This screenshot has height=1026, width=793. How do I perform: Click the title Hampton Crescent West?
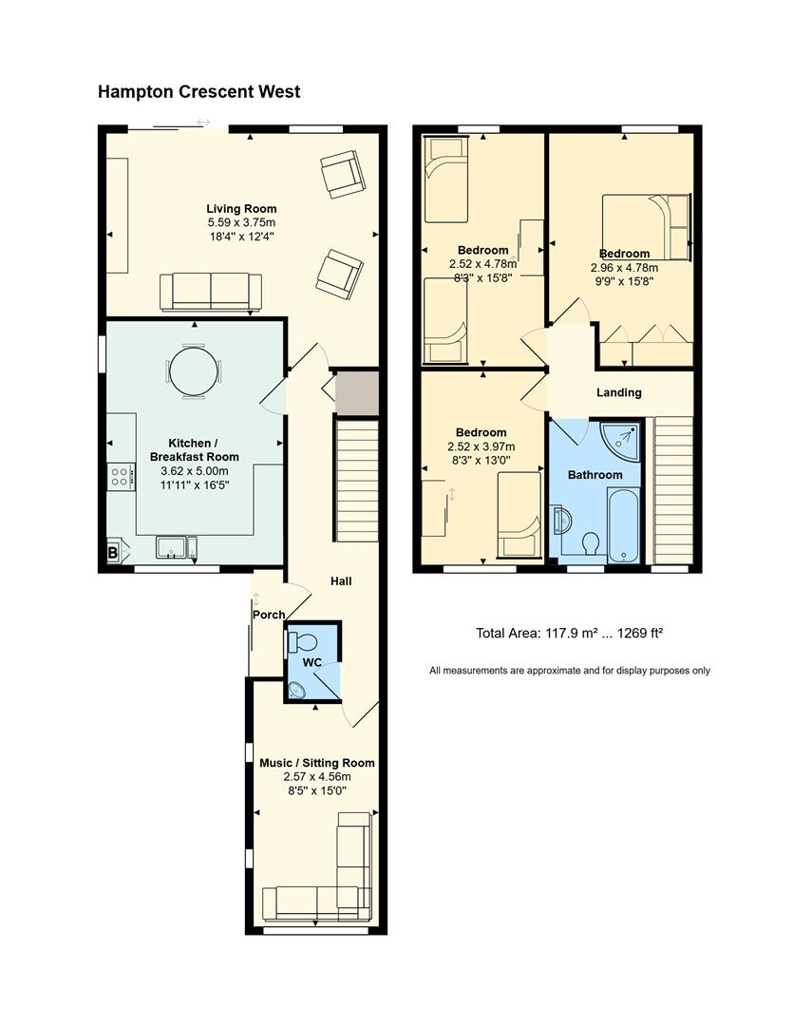[x=198, y=91]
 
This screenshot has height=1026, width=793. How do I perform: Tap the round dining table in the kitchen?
[x=194, y=371]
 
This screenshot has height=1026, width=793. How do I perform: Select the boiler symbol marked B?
[x=113, y=552]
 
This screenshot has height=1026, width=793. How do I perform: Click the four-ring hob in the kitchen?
[x=121, y=476]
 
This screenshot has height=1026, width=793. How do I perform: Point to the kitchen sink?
[x=172, y=548]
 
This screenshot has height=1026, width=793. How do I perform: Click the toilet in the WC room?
[x=302, y=640]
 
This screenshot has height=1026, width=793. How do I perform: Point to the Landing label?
[x=618, y=392]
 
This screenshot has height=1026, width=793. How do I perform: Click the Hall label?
[x=341, y=581]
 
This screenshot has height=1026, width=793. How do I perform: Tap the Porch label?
[x=269, y=615]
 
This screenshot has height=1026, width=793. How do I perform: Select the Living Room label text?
[x=241, y=209]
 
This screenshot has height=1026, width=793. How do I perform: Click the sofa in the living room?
[x=211, y=292]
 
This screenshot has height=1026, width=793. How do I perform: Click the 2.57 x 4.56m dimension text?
[x=317, y=777]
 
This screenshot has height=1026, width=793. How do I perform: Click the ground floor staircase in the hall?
[x=357, y=481]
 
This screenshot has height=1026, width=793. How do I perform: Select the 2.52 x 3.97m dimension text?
[x=481, y=446]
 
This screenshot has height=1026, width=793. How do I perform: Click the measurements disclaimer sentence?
[x=569, y=671]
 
